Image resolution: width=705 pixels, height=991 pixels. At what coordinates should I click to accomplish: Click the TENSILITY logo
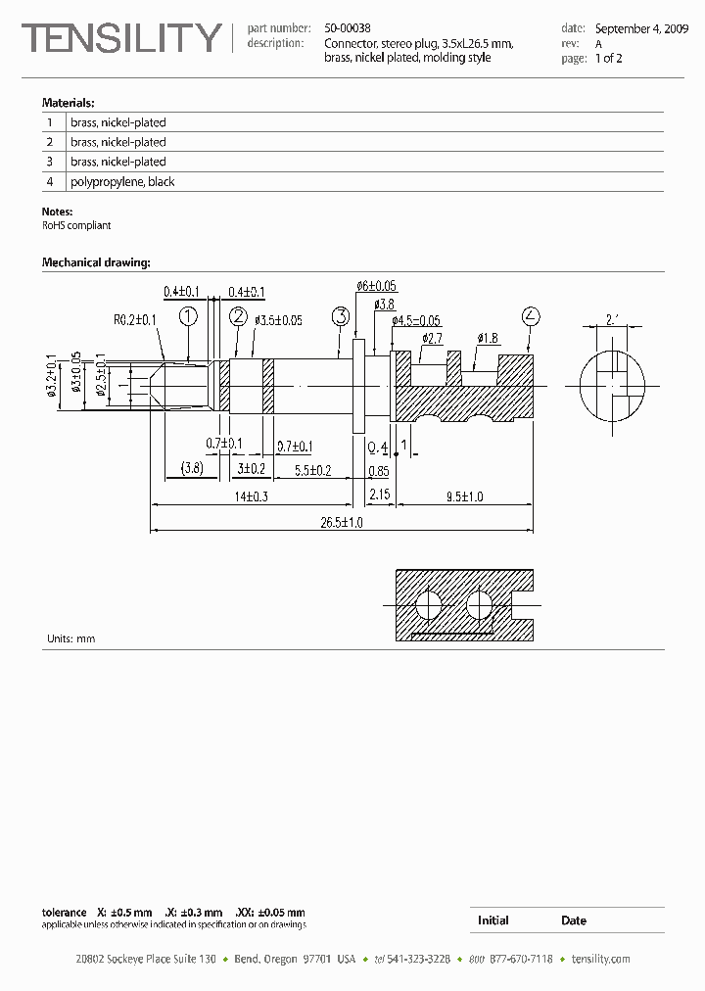[122, 38]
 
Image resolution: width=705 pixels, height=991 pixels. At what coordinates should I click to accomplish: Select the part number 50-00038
[348, 29]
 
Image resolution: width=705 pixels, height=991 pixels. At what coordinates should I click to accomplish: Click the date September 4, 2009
[641, 29]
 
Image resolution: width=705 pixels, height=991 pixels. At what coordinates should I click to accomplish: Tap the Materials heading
[68, 103]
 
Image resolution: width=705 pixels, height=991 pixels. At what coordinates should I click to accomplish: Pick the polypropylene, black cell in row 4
[122, 182]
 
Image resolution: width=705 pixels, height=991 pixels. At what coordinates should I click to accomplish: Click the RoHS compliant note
[76, 225]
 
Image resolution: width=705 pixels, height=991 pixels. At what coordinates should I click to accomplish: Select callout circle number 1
[188, 315]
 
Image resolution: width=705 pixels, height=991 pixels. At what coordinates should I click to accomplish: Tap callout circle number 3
[341, 315]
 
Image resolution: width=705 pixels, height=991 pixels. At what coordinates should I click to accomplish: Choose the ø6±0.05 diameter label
[377, 286]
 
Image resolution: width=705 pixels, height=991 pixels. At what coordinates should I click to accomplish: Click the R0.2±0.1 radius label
[135, 319]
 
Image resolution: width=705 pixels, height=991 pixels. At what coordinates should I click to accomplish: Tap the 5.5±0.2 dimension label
[313, 469]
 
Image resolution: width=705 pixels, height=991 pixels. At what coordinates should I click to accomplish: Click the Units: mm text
[71, 638]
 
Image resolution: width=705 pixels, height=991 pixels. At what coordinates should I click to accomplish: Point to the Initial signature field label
[493, 920]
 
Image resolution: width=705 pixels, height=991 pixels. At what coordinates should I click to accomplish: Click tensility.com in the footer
[600, 959]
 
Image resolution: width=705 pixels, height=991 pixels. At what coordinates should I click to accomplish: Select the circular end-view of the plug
[613, 385]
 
